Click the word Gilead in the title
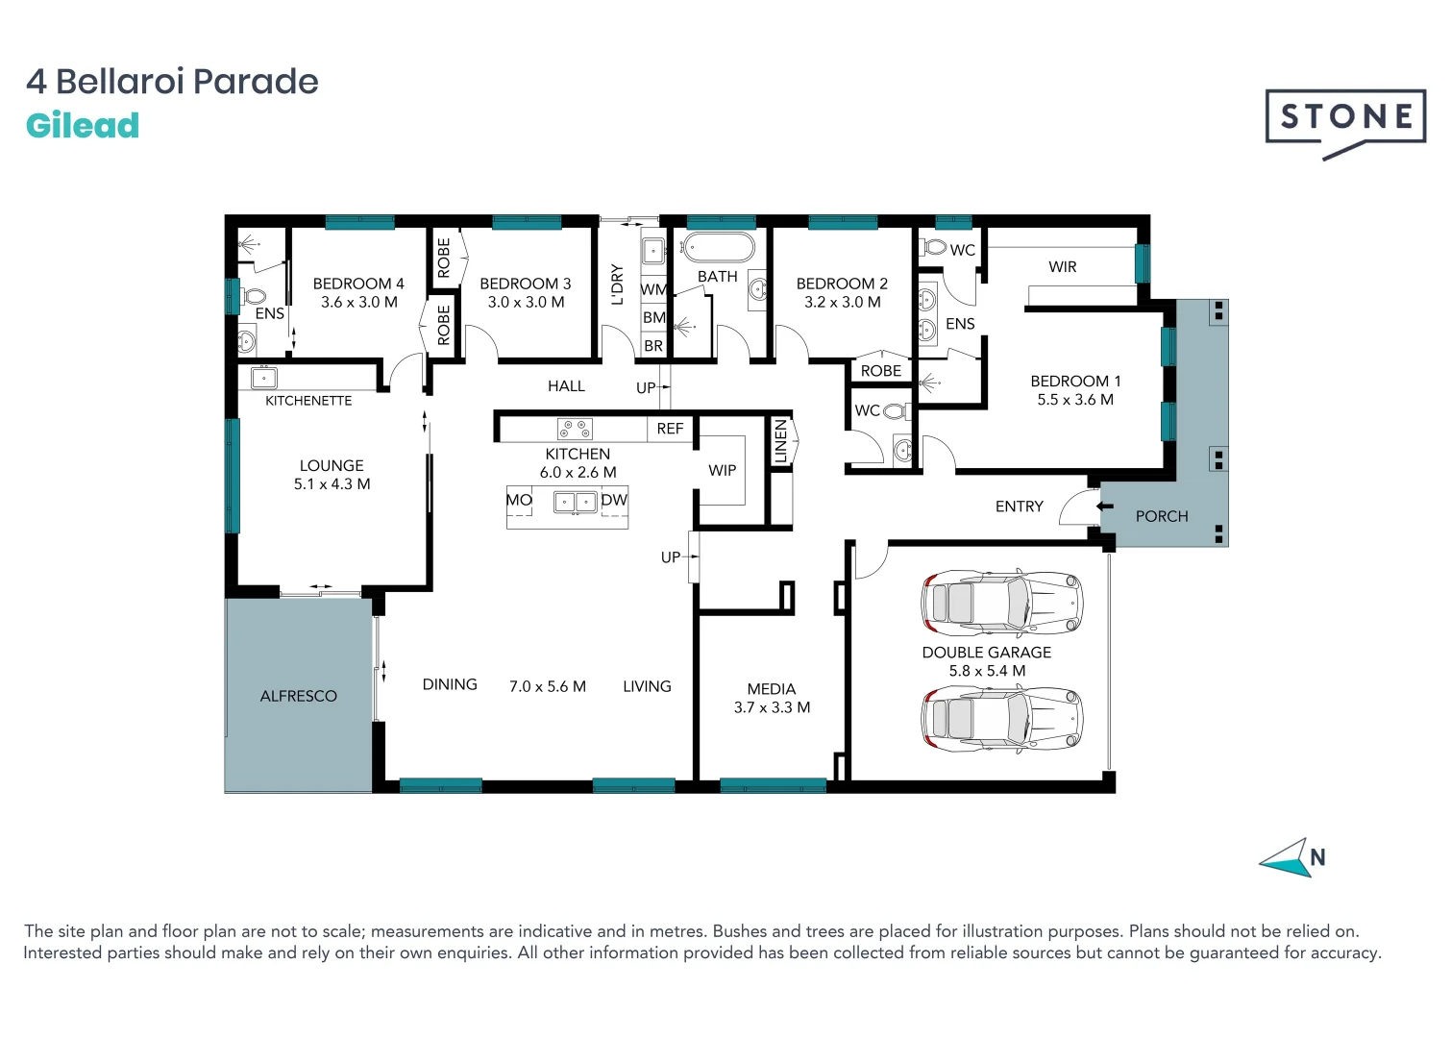tap(83, 126)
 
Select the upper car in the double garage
tap(1001, 603)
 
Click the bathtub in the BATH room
tap(718, 248)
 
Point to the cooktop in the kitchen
tap(575, 429)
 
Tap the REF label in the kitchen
tap(670, 429)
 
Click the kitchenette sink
tap(264, 377)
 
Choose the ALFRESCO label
tap(298, 696)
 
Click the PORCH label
tap(1162, 516)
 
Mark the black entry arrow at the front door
tap(1104, 505)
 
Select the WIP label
tap(722, 470)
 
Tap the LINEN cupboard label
tap(780, 441)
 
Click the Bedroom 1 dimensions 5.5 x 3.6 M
tap(1074, 400)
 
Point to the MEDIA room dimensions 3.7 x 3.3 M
tap(772, 707)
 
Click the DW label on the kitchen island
tap(613, 500)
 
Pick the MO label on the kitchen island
tap(519, 500)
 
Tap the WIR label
tap(1062, 267)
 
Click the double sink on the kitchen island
tap(575, 502)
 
